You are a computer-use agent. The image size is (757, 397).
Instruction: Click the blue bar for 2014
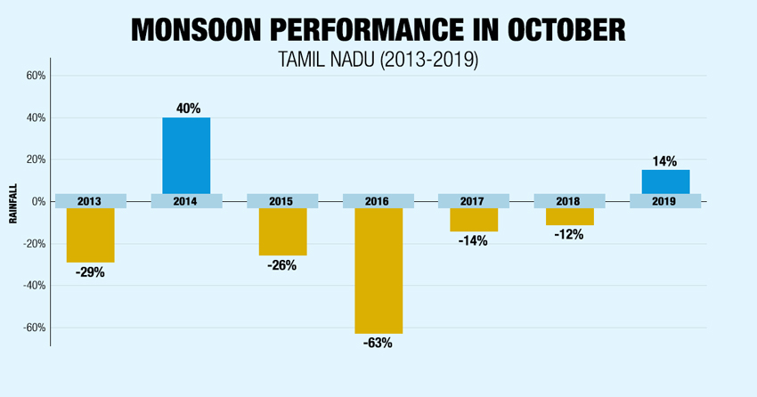coord(185,155)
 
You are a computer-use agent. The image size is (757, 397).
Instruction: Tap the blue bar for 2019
coord(665,182)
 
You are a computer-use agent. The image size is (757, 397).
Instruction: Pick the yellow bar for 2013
coord(90,235)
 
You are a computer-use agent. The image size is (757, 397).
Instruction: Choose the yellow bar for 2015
coord(282,231)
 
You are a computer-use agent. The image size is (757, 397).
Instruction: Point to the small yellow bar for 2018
coord(569,216)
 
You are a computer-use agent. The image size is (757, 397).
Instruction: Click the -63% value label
coord(378,343)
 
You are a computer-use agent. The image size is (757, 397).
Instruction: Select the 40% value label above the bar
coord(187,109)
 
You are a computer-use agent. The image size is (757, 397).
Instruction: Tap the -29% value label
coord(90,271)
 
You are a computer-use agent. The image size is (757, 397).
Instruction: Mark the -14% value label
coord(474,240)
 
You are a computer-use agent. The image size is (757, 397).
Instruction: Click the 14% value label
coord(664,161)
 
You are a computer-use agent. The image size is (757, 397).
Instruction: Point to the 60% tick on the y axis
coord(34,76)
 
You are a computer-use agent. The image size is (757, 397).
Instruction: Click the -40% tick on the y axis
coord(33,286)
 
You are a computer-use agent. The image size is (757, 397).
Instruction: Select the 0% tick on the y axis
coord(38,202)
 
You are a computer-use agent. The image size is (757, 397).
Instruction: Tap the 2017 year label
coord(474,201)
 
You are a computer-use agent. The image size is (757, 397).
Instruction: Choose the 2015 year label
coord(282,201)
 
